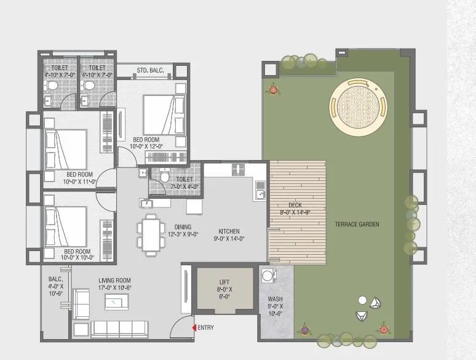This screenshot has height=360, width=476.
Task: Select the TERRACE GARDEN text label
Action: click(357, 224)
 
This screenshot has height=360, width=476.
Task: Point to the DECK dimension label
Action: click(297, 209)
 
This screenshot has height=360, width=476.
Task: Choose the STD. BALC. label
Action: click(149, 71)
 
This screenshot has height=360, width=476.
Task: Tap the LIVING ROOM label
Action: click(116, 284)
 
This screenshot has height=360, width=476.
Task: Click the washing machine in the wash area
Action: click(269, 275)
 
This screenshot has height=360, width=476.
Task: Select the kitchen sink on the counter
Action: click(260, 194)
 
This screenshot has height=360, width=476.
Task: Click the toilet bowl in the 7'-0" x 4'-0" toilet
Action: click(162, 177)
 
